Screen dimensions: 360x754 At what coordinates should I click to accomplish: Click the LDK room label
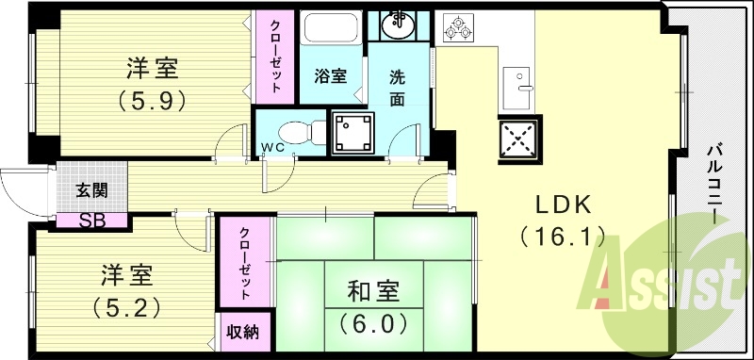point(564,205)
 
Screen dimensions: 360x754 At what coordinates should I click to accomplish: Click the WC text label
point(272,147)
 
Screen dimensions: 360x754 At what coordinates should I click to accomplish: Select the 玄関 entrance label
point(91,189)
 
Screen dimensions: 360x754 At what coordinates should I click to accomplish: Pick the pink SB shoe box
point(91,221)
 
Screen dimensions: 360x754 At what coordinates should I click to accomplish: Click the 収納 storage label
point(244,333)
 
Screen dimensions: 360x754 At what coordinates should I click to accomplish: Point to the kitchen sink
point(517,89)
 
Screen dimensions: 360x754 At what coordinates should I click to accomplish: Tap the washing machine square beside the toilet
point(353,131)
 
